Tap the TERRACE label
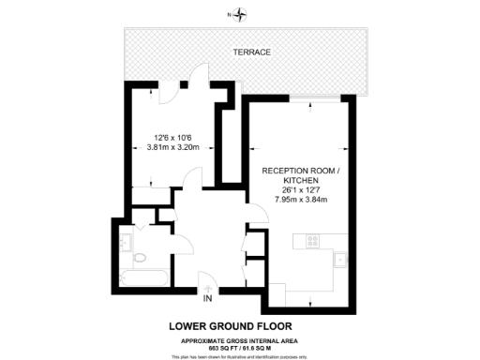[x=253, y=52]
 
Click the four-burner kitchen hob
[x=311, y=241]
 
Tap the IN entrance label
[x=207, y=299]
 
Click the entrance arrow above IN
[x=207, y=285]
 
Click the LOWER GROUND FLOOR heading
[x=239, y=325]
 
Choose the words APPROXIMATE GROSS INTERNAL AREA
[x=240, y=340]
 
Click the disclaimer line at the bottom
[x=240, y=357]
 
